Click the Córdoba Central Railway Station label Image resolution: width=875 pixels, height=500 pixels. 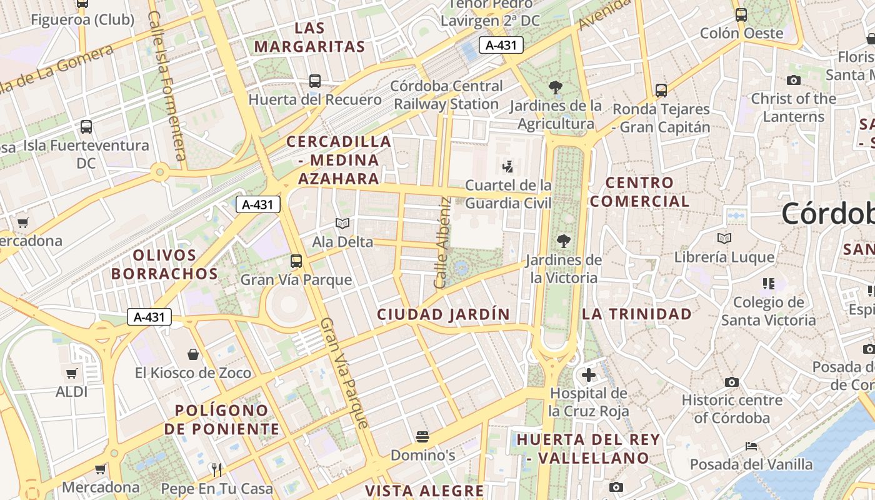pos(446,95)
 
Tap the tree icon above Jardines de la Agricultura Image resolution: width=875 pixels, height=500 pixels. pos(555,87)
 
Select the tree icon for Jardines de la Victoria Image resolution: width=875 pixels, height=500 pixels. pos(564,241)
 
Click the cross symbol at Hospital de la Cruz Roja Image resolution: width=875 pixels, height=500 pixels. pos(588,375)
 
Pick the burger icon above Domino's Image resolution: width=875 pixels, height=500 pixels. pos(422,436)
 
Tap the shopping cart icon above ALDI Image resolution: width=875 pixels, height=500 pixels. pos(72,374)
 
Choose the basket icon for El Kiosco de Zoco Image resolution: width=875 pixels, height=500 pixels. pos(193,354)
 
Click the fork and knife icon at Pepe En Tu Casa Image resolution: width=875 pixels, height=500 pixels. pos(217,469)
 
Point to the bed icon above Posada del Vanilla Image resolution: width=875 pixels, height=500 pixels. pos(751,446)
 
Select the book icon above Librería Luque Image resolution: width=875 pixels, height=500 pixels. pos(724,238)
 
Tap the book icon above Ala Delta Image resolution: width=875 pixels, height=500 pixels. pos(342,223)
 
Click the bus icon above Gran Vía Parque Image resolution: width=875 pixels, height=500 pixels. pos(296,261)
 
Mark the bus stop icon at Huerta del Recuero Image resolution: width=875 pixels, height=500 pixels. pos(315,81)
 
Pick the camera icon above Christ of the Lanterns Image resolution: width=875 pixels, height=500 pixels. pos(794,80)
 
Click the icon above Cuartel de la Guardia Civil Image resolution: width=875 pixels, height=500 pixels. pos(508,166)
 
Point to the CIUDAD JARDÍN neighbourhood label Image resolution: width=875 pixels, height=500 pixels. pos(443,314)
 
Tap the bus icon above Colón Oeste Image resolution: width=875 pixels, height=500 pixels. pos(741,14)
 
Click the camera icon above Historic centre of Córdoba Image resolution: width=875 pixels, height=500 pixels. pos(732,381)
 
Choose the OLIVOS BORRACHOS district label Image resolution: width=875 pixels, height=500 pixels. pos(165,264)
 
